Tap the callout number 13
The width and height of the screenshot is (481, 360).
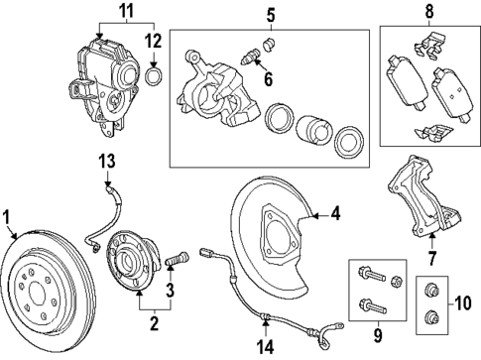click(x=106, y=160)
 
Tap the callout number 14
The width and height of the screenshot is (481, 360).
click(x=264, y=347)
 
